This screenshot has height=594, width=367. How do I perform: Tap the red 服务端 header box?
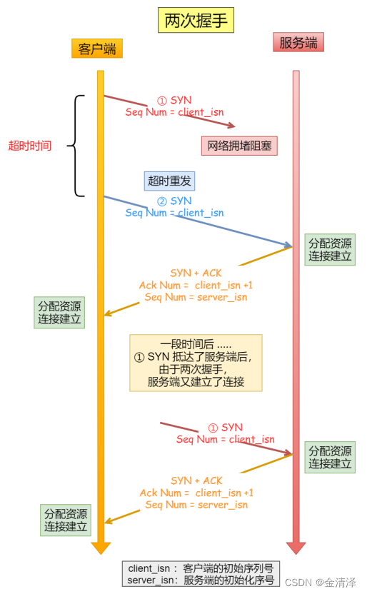298,43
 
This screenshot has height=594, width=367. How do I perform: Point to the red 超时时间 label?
29,146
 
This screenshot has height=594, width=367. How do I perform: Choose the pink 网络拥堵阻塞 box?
238,146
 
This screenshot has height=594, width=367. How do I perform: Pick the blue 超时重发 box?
169,181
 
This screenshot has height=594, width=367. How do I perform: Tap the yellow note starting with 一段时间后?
196,363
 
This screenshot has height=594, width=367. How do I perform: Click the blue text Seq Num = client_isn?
174,213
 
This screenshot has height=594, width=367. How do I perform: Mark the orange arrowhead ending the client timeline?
101,548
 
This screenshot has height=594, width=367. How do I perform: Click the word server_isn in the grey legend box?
150,580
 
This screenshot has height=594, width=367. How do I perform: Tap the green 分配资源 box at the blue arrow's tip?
329,249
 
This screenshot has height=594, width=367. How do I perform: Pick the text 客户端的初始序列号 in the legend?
228,569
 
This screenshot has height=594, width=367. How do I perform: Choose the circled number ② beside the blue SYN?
161,201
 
